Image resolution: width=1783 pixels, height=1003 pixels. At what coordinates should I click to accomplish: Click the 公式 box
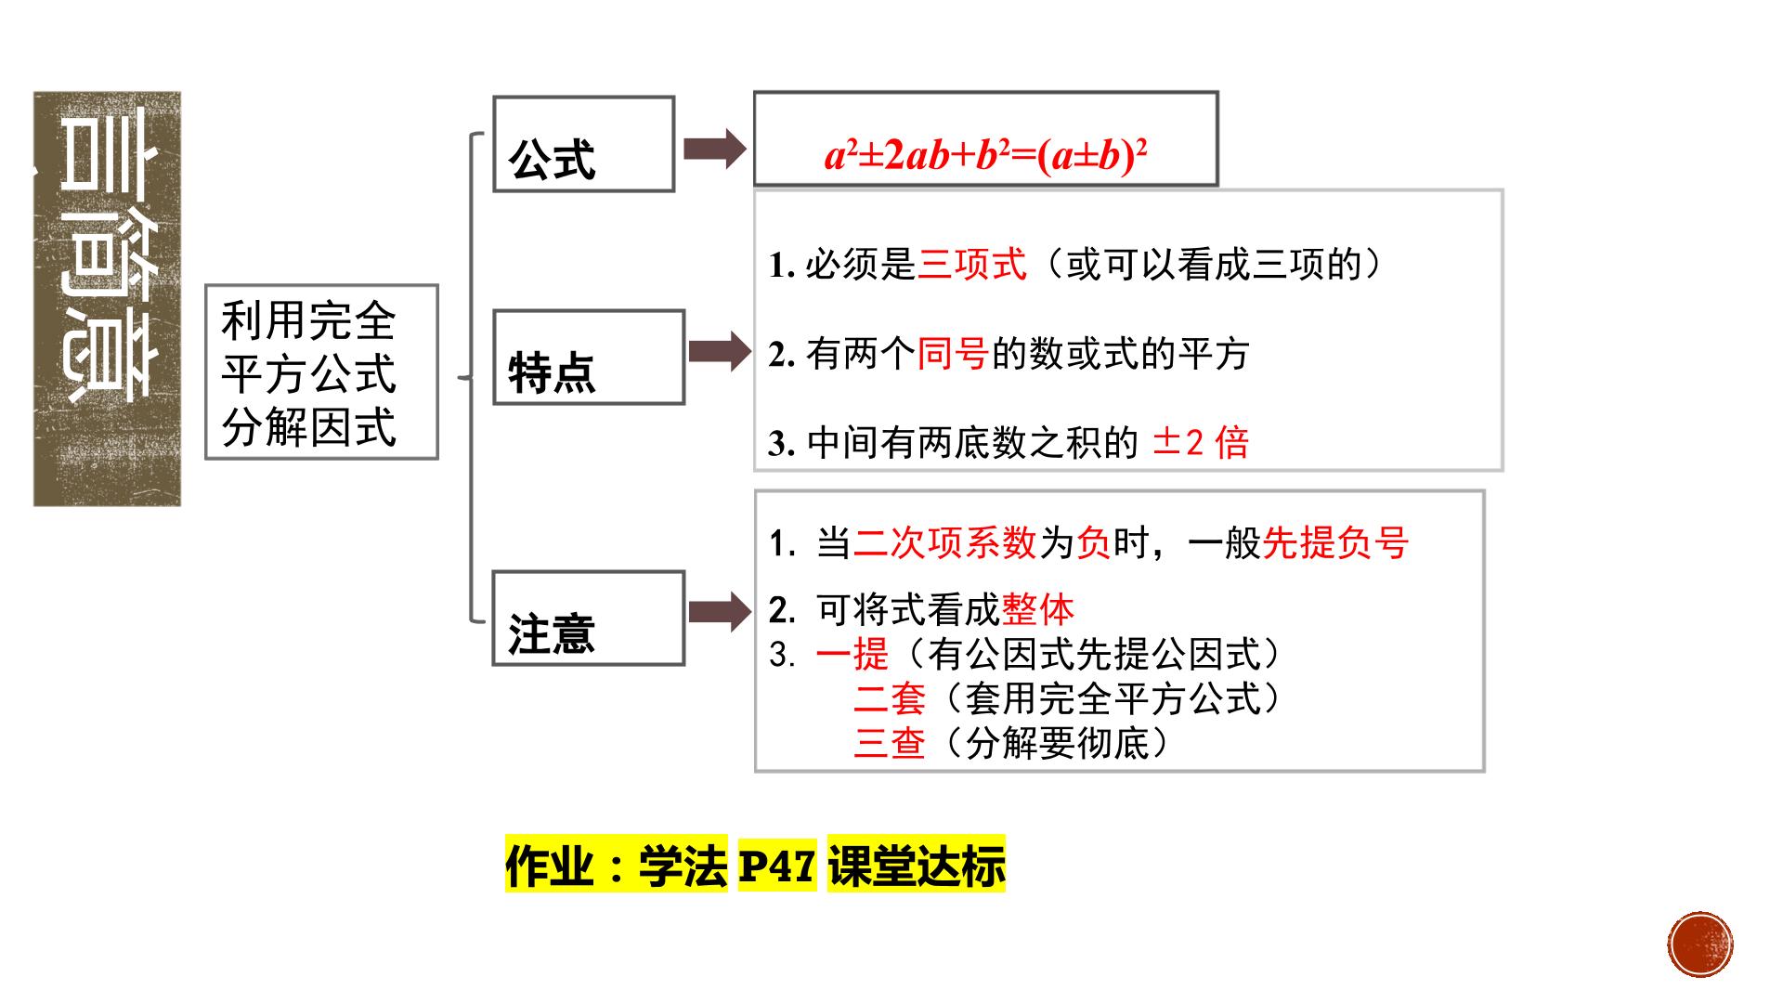pyautogui.click(x=583, y=144)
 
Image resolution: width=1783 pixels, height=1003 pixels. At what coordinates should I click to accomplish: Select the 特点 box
pyautogui.click(x=589, y=358)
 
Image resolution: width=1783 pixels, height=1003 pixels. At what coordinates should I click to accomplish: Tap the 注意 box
pyautogui.click(x=589, y=619)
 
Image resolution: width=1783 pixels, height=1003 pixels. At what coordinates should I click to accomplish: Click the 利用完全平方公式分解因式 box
pyautogui.click(x=321, y=371)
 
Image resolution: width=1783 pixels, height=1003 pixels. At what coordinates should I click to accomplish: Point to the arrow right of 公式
pyautogui.click(x=715, y=149)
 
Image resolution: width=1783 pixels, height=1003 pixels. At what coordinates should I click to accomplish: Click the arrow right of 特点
pyautogui.click(x=720, y=352)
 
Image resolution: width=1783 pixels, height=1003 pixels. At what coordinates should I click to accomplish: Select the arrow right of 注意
pyautogui.click(x=720, y=612)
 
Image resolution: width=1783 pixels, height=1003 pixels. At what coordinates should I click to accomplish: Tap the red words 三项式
pyautogui.click(x=972, y=265)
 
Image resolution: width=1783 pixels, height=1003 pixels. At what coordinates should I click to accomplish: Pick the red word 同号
pyautogui.click(x=954, y=354)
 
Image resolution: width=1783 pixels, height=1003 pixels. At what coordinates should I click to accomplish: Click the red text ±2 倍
pyautogui.click(x=1201, y=442)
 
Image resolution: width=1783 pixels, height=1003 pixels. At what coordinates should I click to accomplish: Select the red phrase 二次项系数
pyautogui.click(x=944, y=542)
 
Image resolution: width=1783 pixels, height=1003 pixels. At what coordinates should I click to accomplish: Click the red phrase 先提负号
pyautogui.click(x=1335, y=542)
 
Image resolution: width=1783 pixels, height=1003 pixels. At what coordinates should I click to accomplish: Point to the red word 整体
pyautogui.click(x=1038, y=610)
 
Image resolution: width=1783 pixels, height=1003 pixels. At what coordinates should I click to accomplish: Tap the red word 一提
pyautogui.click(x=852, y=655)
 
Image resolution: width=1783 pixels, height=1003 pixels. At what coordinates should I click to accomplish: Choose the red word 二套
pyautogui.click(x=890, y=698)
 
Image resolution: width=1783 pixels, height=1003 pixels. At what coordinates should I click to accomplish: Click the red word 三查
pyautogui.click(x=890, y=743)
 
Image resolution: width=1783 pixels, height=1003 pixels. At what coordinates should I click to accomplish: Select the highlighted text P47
pyautogui.click(x=777, y=866)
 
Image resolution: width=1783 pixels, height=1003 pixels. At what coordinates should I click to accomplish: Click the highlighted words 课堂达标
pyautogui.click(x=917, y=866)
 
